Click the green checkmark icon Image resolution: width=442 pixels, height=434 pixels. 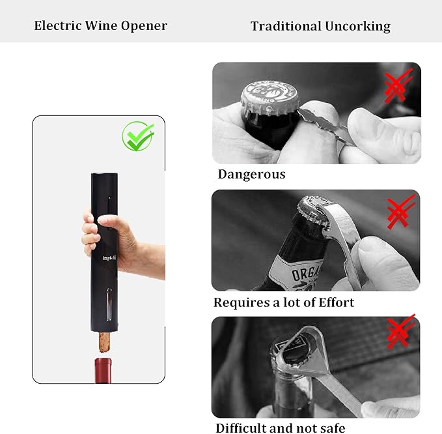coord(138,136)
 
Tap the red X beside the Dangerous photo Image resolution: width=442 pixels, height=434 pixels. coord(397,86)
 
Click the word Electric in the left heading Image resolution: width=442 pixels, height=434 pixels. coord(59,26)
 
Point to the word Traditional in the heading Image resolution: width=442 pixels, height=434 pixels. coord(284,27)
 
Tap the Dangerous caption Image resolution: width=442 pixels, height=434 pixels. coord(251,174)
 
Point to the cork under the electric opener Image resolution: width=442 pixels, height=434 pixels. coord(104,341)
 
